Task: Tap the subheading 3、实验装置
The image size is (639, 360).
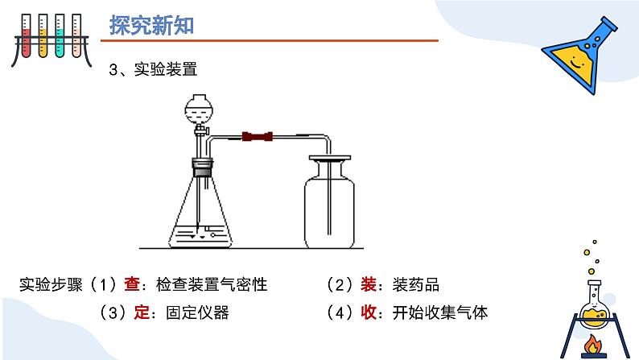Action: tap(154, 71)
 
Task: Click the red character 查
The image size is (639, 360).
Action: tap(132, 284)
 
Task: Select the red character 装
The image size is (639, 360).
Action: tap(369, 284)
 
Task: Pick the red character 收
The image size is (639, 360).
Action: tap(369, 312)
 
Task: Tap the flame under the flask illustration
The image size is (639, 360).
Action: tap(595, 345)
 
